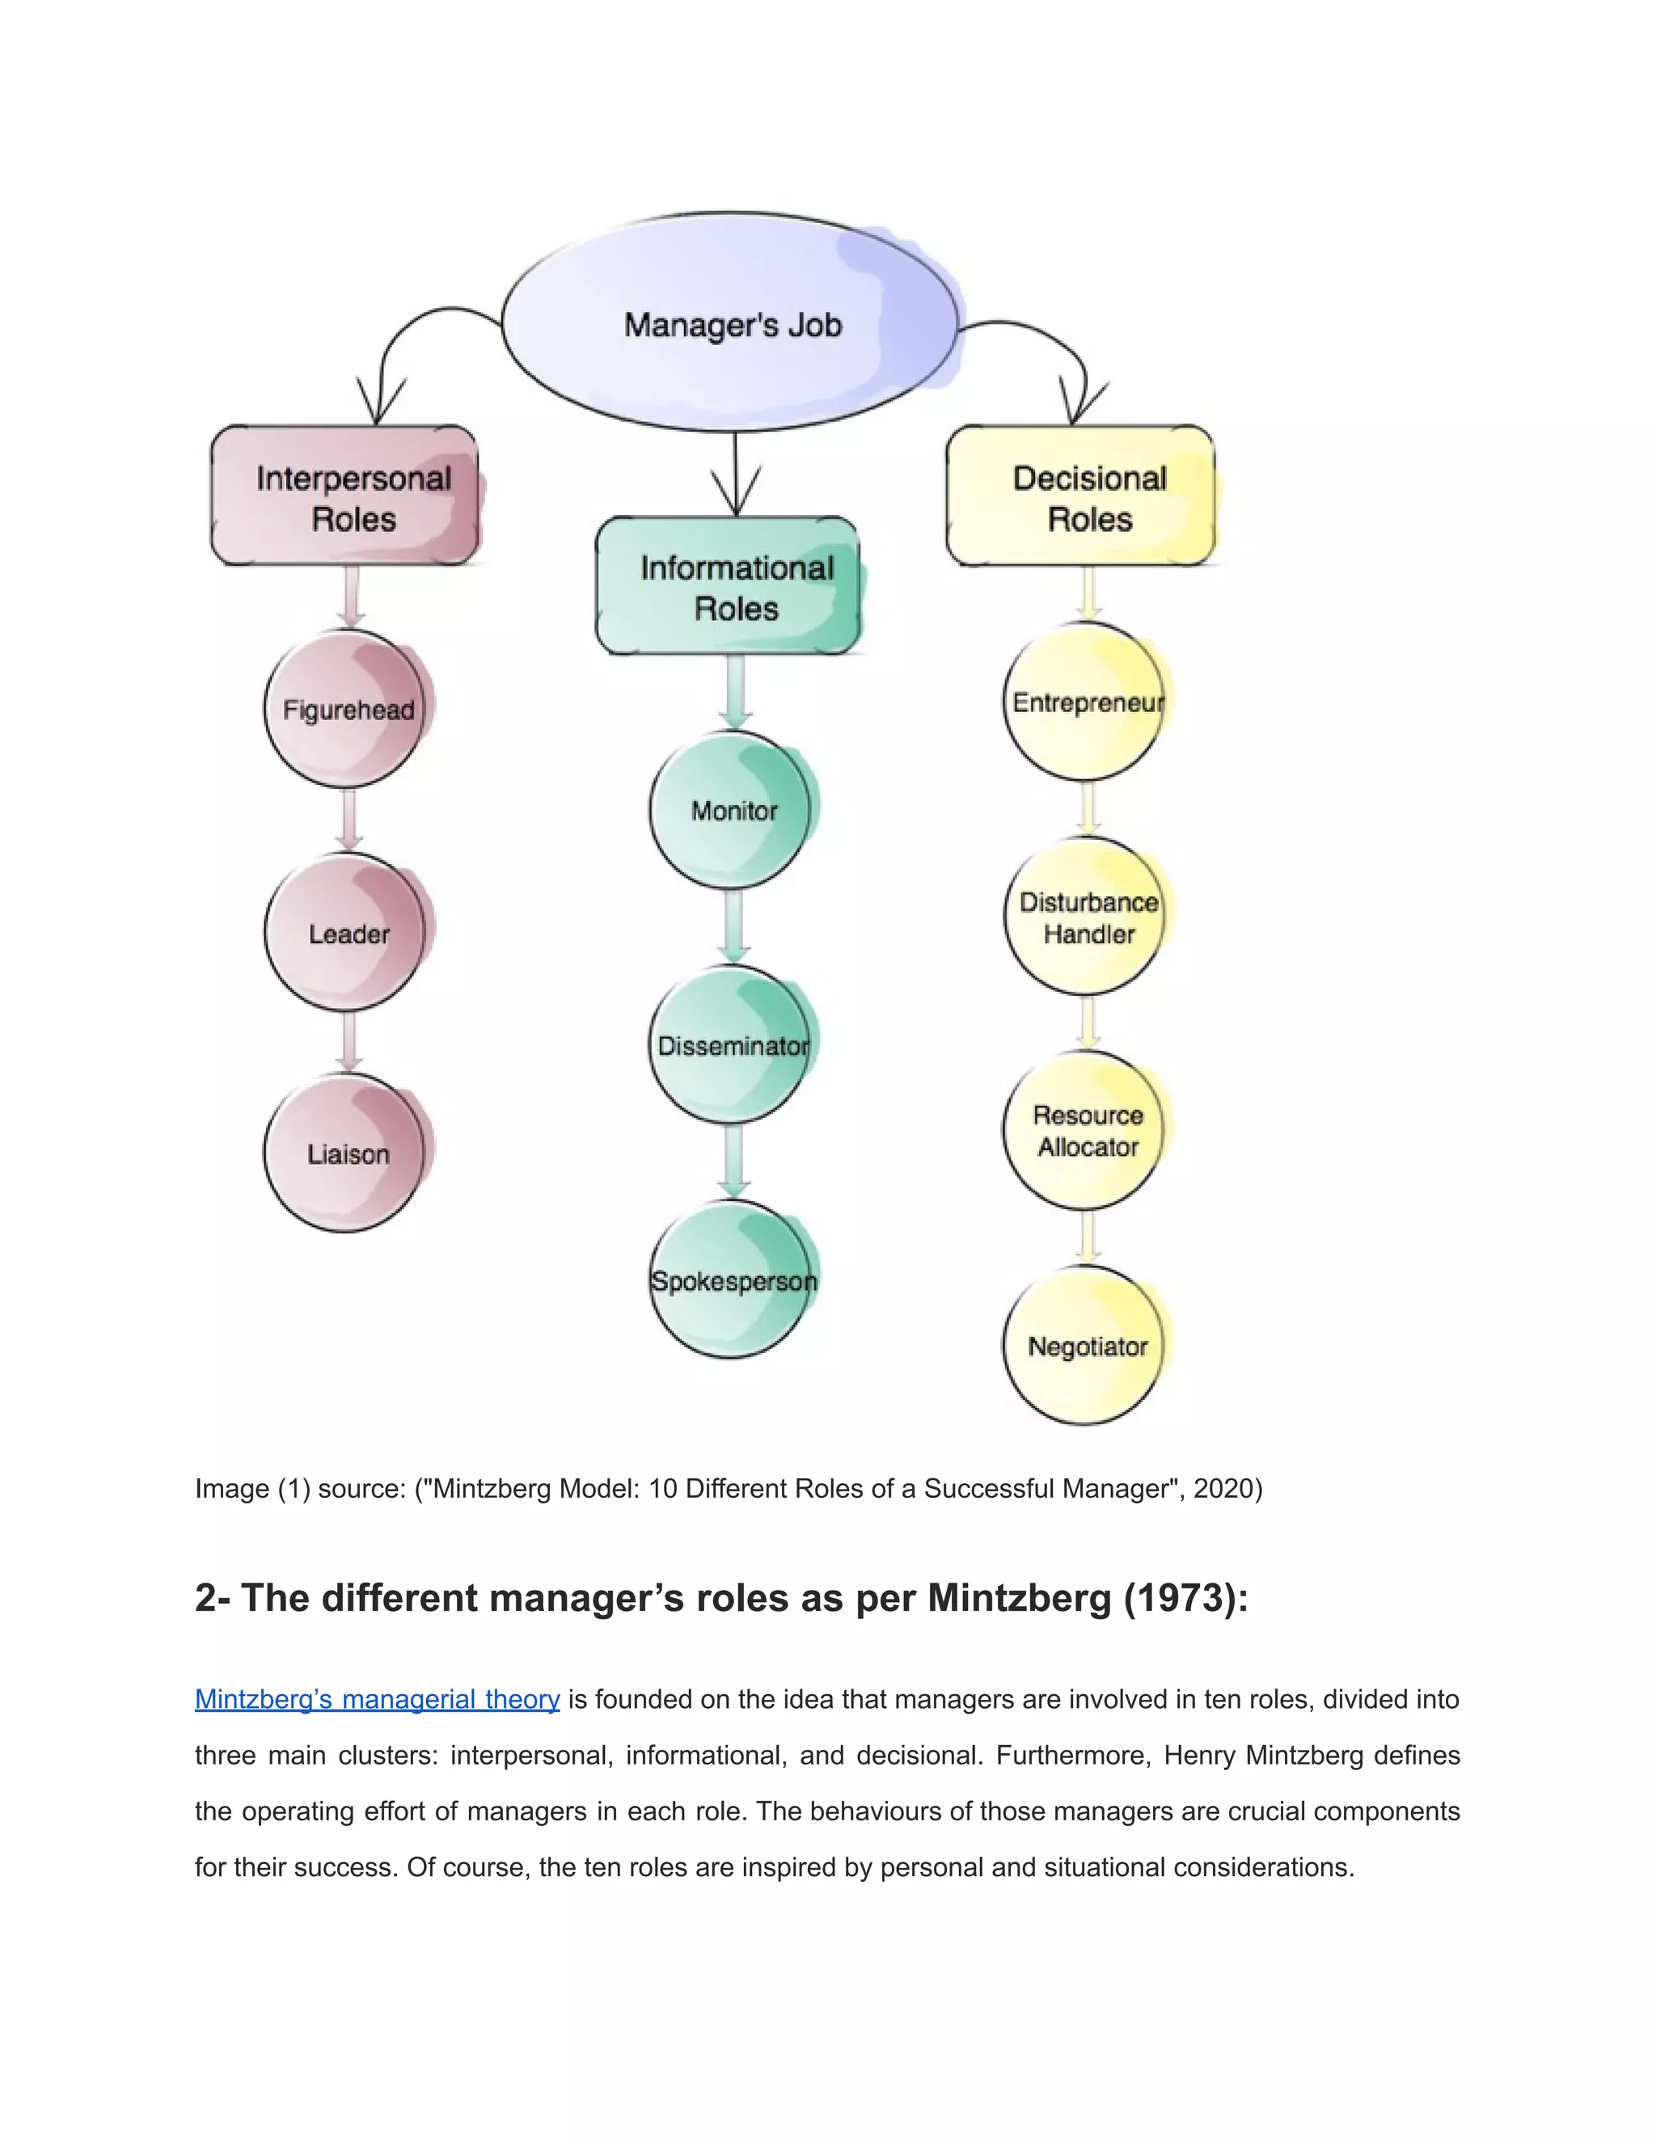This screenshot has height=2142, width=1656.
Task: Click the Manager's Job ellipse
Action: point(731,323)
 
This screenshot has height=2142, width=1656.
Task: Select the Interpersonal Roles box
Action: point(345,496)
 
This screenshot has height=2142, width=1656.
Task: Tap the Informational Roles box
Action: point(728,587)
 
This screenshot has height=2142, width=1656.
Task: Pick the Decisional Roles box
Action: point(1080,496)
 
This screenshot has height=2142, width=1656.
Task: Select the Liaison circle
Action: point(347,1153)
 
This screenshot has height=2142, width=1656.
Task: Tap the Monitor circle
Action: point(732,810)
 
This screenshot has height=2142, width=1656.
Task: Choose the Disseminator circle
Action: point(732,1045)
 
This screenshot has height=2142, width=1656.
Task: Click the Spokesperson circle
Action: point(732,1280)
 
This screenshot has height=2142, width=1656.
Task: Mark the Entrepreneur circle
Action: point(1085,702)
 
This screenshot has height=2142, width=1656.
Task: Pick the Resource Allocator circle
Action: point(1085,1131)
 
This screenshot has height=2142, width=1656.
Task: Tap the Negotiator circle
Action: point(1085,1346)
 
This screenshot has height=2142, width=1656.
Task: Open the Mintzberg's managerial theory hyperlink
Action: point(377,1700)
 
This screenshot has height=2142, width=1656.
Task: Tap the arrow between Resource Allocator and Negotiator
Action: point(1087,1238)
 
